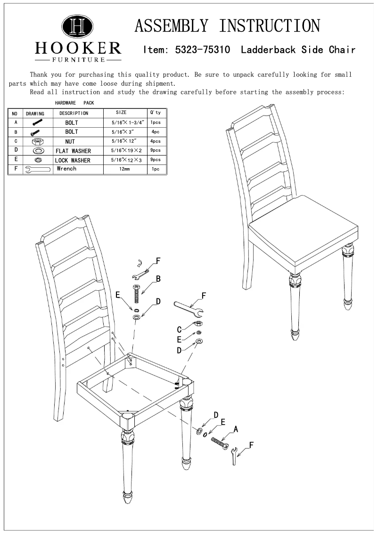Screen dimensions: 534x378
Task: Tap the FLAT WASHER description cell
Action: pyautogui.click(x=73, y=151)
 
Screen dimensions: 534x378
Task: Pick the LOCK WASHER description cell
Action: pyautogui.click(x=73, y=161)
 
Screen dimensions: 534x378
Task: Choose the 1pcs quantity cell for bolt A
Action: pyautogui.click(x=155, y=123)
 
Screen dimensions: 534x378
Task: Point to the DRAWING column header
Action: pyautogui.click(x=34, y=114)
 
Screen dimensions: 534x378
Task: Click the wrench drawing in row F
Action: pyautogui.click(x=37, y=169)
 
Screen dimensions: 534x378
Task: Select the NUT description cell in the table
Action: pyautogui.click(x=70, y=141)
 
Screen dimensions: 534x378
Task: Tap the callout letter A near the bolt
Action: pyautogui.click(x=236, y=429)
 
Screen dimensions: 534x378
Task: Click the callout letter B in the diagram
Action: pyautogui.click(x=158, y=279)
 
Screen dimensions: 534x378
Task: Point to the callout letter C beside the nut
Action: pyautogui.click(x=179, y=329)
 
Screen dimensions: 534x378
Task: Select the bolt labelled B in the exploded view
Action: pyautogui.click(x=137, y=295)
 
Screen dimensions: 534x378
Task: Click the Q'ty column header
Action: pyautogui.click(x=155, y=113)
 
